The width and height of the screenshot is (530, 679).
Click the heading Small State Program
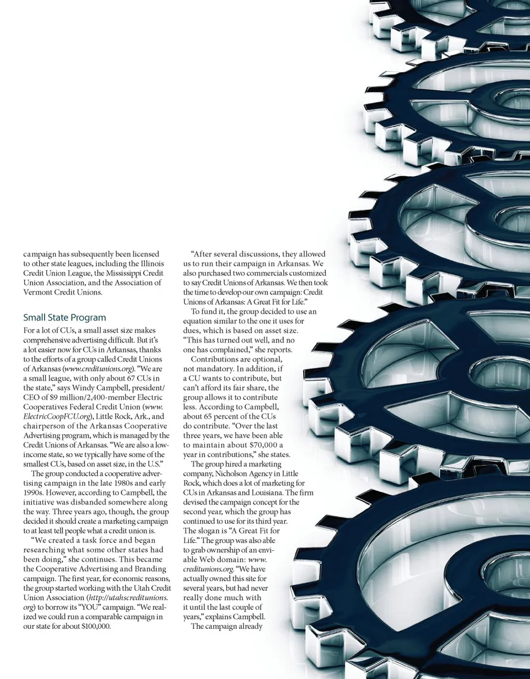point(65,318)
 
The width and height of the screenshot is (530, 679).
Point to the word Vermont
point(38,292)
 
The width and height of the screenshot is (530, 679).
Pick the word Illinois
point(151,264)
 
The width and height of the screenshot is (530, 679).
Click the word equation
point(200,321)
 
